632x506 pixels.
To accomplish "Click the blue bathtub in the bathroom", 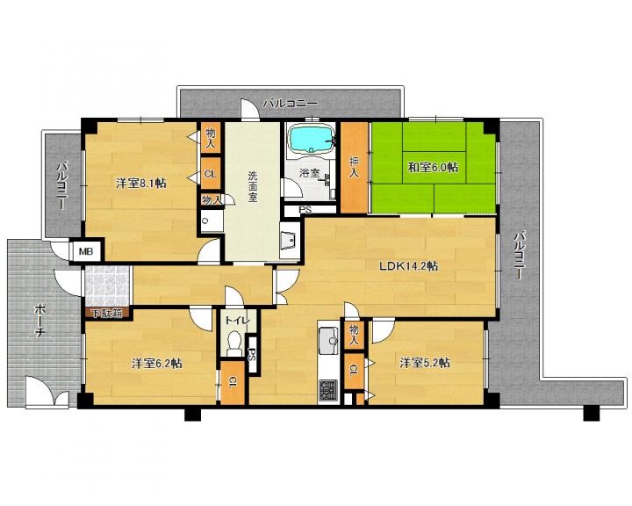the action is pyautogui.click(x=311, y=139).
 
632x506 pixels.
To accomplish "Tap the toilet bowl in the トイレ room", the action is pyautogui.click(x=234, y=343).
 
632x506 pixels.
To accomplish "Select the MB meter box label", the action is pyautogui.click(x=86, y=252).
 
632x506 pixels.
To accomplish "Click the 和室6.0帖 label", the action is pyautogui.click(x=433, y=167).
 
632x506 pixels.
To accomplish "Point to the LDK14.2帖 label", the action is pyautogui.click(x=408, y=266).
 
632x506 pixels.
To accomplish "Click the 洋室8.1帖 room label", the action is pyautogui.click(x=141, y=184).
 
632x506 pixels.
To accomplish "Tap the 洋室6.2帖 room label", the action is pyautogui.click(x=157, y=364).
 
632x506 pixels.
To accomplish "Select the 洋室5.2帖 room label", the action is pyautogui.click(x=425, y=363).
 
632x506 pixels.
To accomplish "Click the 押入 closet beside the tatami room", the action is pyautogui.click(x=354, y=167).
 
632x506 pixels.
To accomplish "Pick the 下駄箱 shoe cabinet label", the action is pyautogui.click(x=107, y=313).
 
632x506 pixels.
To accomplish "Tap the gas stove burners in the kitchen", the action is pyautogui.click(x=328, y=391).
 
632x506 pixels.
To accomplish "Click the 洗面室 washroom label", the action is pyautogui.click(x=253, y=186).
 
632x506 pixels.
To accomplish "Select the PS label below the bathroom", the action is pyautogui.click(x=305, y=210).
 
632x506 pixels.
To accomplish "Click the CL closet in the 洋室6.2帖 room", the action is pyautogui.click(x=233, y=382).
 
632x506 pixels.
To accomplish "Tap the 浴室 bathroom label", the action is pyautogui.click(x=310, y=173).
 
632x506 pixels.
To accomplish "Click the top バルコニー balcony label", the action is pyautogui.click(x=291, y=104).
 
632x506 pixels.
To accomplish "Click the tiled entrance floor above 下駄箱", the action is pyautogui.click(x=107, y=286).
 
